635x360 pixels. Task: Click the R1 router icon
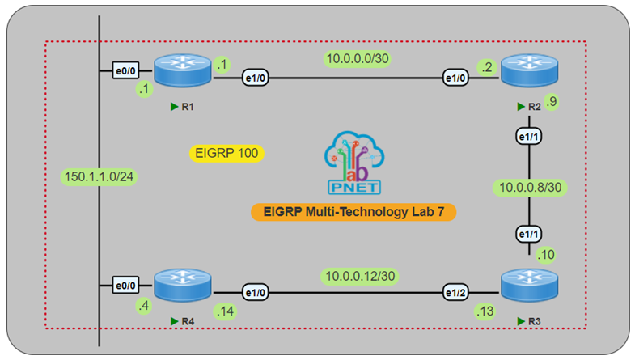(x=182, y=71)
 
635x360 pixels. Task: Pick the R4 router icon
(x=182, y=286)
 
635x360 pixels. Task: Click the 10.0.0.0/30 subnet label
(x=356, y=57)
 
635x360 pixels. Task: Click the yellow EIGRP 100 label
(x=227, y=152)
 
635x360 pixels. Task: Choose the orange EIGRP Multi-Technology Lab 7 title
(x=353, y=212)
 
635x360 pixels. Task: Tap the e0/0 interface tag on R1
(x=125, y=72)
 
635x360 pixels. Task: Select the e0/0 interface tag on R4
(x=125, y=286)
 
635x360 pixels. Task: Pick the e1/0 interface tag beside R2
(x=456, y=78)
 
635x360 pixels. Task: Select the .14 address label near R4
(x=224, y=310)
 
